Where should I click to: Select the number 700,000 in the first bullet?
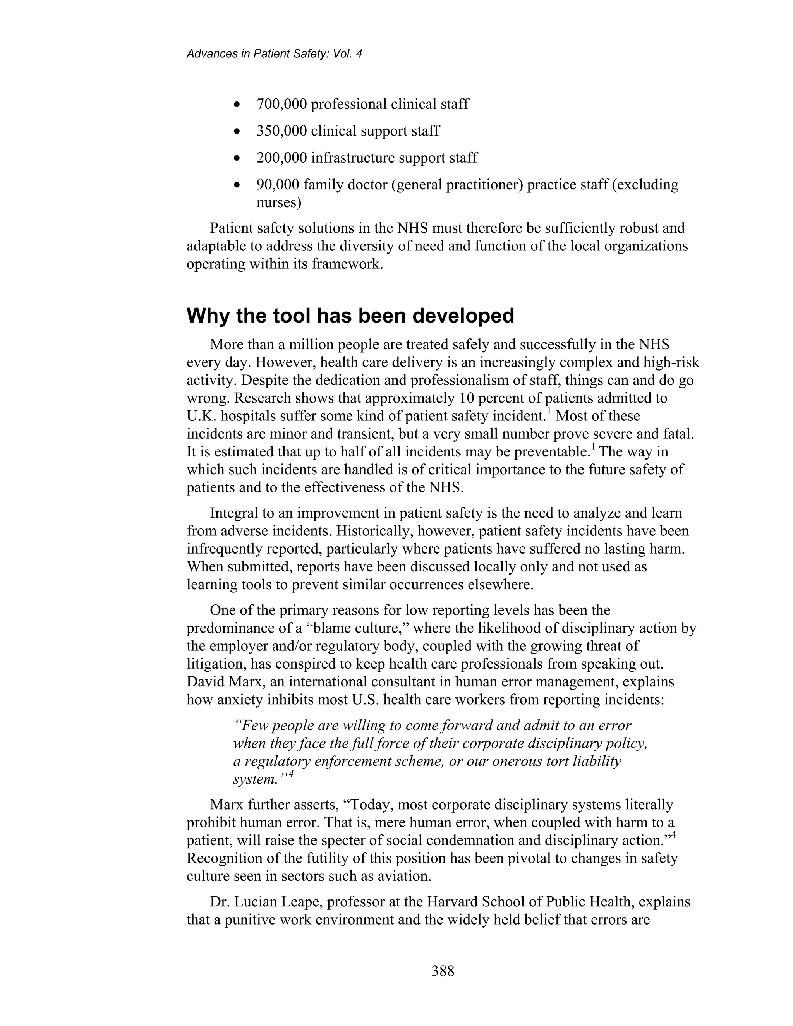281,104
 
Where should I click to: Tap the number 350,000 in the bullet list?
281,130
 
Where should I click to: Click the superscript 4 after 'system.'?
291,774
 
